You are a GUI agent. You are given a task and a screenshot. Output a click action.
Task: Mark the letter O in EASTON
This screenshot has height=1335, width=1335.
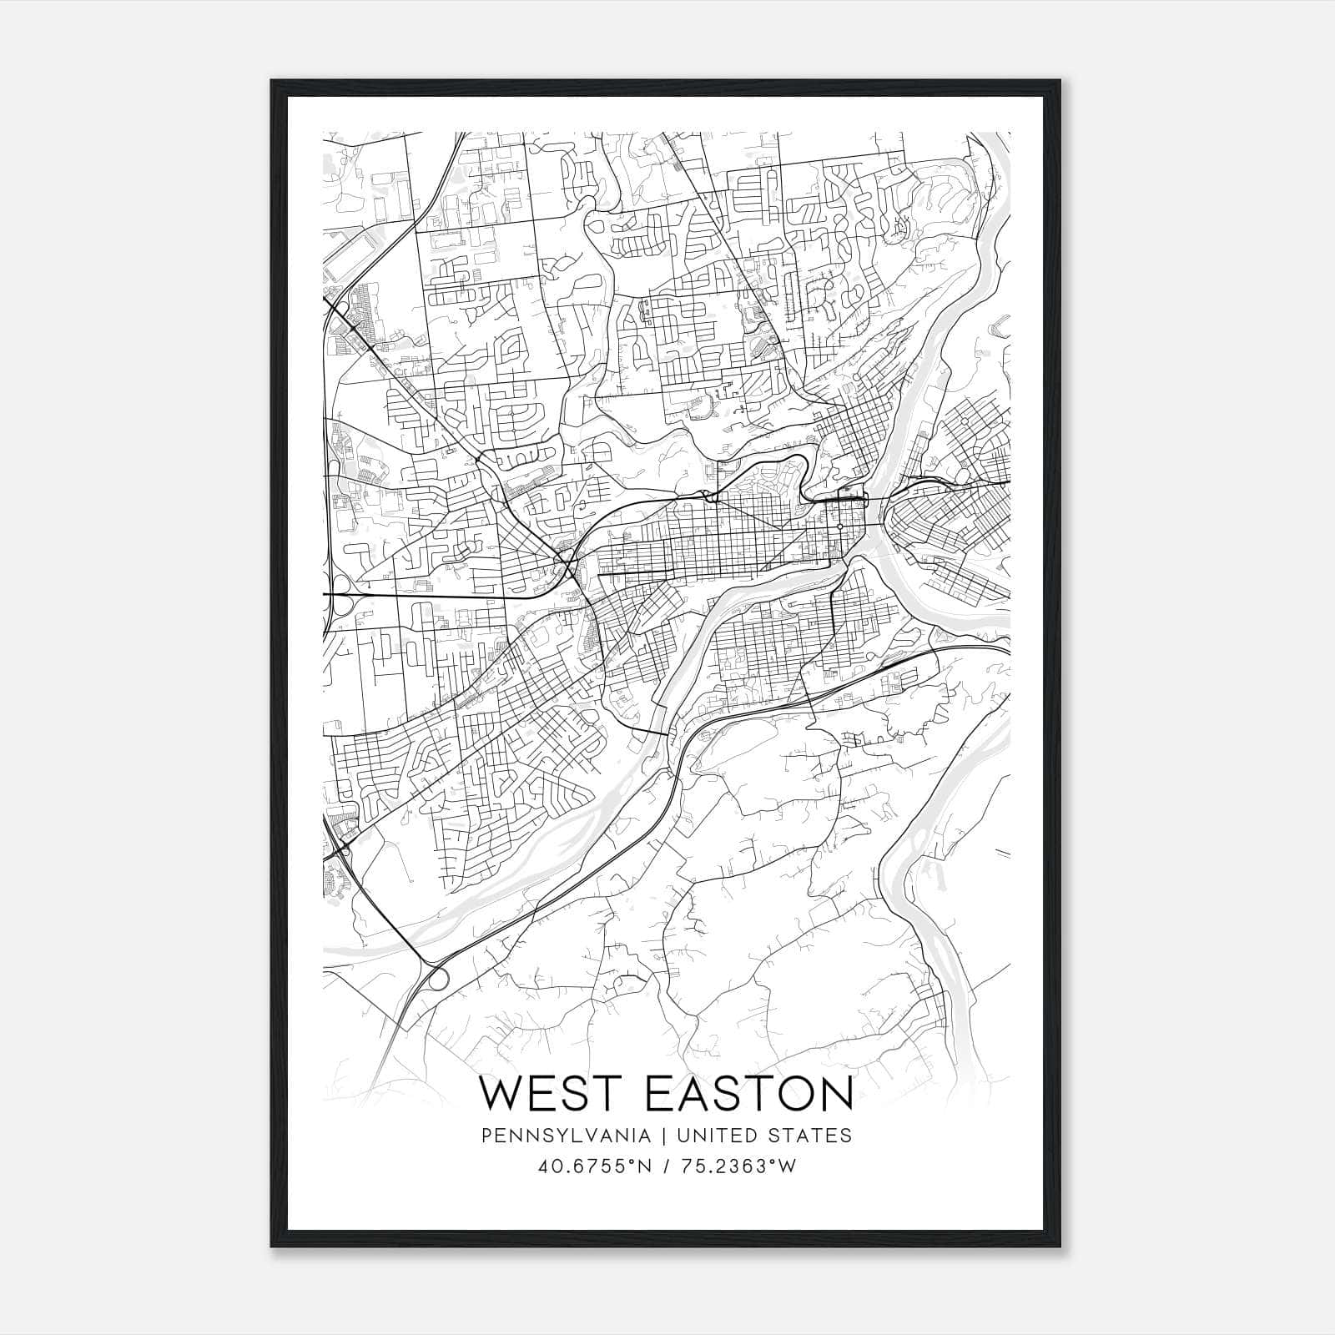788,1093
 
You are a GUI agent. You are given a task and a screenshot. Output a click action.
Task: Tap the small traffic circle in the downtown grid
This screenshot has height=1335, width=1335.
839,527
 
